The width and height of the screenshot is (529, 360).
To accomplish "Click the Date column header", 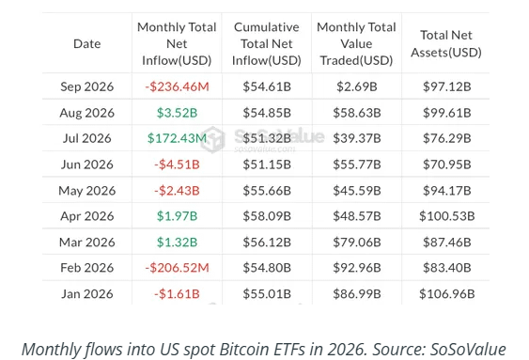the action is tap(87, 44).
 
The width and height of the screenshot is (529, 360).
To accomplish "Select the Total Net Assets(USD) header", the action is tap(446, 44).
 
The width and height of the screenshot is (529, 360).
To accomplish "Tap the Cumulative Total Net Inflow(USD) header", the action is tap(267, 44).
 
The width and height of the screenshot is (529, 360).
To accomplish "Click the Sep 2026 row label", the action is tap(87, 86).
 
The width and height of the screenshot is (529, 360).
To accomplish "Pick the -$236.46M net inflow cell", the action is tap(178, 86).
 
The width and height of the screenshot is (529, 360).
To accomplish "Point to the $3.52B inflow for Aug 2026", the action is tap(178, 113).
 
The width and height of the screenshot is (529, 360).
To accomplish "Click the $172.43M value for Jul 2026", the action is tap(178, 138).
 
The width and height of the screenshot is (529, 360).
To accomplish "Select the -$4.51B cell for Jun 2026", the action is tap(178, 164).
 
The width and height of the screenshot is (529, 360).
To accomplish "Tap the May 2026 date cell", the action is tap(87, 191).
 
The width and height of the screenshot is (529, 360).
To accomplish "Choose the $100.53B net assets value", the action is tap(447, 216).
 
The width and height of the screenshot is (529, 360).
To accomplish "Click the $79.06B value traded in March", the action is tap(357, 243).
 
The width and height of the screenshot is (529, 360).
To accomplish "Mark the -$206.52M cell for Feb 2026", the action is tap(178, 268).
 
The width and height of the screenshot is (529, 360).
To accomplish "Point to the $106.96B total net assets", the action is tap(447, 294).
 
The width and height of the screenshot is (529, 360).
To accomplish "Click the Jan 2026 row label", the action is tap(87, 294).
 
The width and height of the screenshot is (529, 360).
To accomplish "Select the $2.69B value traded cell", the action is tap(357, 86).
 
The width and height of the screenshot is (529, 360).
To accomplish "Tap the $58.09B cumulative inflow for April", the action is tap(267, 216).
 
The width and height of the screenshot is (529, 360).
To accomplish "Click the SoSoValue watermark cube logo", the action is tap(212, 139).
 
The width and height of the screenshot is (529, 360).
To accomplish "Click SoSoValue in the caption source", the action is tap(468, 350).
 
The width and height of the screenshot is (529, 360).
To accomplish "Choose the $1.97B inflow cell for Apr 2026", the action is tap(178, 216).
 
